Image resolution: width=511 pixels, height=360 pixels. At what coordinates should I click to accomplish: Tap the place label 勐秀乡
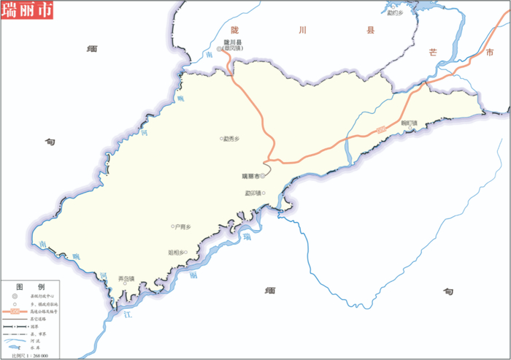pos(232,139)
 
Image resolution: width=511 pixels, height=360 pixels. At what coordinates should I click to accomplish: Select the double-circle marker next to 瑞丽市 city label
pos(264,176)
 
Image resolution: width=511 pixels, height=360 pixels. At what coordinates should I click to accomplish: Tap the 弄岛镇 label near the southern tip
pos(126,278)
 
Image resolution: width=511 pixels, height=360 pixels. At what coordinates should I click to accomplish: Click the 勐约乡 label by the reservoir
pos(395,12)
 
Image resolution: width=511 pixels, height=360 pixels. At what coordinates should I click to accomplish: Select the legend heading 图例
pos(31,286)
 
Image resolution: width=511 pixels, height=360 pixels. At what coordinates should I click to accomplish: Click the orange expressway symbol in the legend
pos(15,311)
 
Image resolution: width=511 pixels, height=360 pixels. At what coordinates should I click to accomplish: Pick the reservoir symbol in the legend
pos(15,348)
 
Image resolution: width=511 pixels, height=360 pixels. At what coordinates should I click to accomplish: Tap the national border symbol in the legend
pos(15,326)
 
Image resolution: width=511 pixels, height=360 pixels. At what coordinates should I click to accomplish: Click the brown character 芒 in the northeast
pos(434,53)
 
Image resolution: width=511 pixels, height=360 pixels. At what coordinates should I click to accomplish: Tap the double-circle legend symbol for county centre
pos(15,296)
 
